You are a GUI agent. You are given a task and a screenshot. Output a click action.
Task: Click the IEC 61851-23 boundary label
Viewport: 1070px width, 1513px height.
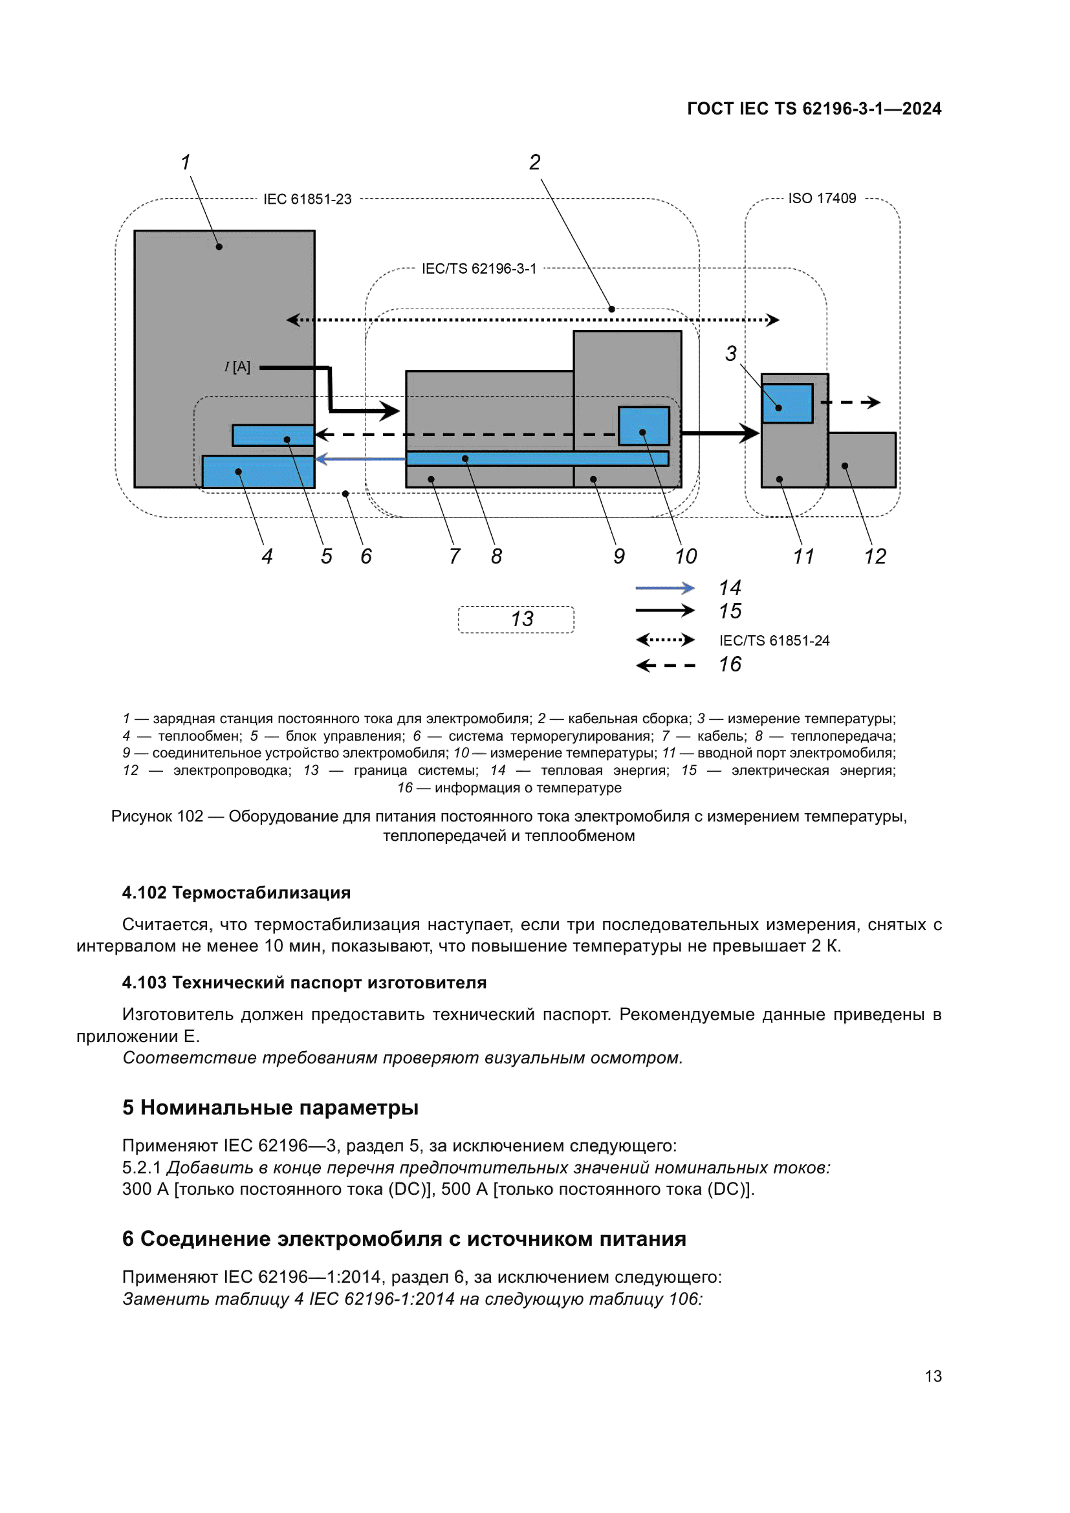307,199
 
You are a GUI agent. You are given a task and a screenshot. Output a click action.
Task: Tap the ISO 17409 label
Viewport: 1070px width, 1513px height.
822,199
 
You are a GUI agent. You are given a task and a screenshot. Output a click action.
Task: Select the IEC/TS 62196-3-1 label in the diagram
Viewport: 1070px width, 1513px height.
479,269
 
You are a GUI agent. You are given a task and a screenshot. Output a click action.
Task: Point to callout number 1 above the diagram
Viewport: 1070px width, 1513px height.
186,162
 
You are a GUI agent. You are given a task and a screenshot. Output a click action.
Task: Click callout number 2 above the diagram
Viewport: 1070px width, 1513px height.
534,162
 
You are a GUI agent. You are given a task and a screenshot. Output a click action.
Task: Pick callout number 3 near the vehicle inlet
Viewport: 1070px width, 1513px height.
730,353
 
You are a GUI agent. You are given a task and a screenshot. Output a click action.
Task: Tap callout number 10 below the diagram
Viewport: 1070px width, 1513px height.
685,556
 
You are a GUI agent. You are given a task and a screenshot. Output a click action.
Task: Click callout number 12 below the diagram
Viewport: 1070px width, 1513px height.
875,556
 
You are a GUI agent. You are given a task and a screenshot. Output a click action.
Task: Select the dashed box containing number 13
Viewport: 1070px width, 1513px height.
516,619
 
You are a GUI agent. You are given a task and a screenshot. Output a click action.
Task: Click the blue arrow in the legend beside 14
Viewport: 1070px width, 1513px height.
664,587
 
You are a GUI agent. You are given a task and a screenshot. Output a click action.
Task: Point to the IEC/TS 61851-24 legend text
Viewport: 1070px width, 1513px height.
774,640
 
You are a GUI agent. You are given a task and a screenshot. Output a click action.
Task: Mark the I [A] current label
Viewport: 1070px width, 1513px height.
237,367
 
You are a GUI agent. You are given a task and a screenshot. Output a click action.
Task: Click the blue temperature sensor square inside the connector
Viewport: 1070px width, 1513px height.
643,426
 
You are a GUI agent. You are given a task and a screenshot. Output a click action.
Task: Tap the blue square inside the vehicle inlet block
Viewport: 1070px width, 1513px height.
787,403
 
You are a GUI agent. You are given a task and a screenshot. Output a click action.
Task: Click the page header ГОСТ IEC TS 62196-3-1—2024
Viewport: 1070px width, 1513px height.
814,109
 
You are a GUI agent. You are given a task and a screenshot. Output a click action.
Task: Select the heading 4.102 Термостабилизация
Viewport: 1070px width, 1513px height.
236,892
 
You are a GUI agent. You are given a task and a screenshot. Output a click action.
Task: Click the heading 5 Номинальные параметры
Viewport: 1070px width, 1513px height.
270,1107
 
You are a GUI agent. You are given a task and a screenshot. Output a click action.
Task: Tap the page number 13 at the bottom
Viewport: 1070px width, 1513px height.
932,1376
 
